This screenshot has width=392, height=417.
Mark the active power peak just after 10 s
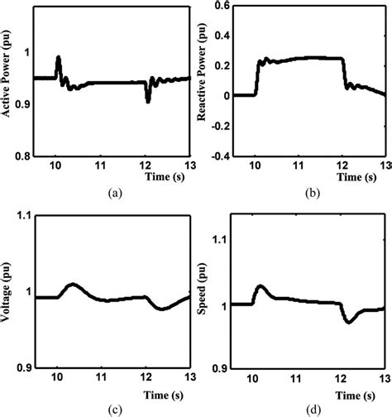click(x=58, y=58)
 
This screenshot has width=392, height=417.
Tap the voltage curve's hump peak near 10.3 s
click(x=72, y=285)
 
